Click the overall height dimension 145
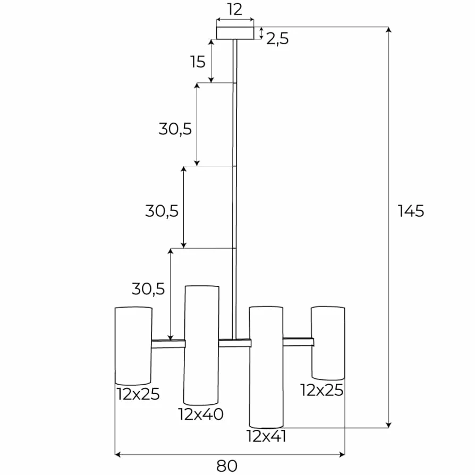[411, 211]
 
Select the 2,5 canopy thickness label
[277, 39]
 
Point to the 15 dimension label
[198, 62]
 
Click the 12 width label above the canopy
[235, 10]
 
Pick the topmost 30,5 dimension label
[175, 129]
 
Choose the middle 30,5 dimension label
[162, 211]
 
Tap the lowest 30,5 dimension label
[148, 289]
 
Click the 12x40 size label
[201, 414]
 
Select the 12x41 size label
[267, 436]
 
